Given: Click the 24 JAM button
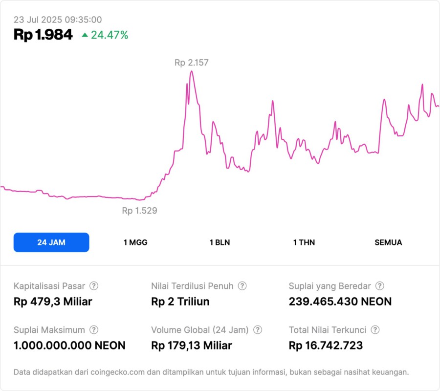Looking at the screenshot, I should [x=51, y=242].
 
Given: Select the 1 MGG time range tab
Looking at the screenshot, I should [x=135, y=242].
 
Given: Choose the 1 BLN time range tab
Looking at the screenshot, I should [x=220, y=242].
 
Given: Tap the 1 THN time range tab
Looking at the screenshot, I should [x=304, y=242].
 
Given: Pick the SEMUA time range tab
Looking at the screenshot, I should [x=388, y=242].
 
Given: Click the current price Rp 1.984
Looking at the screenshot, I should [x=43, y=35].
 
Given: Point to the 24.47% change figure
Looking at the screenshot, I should [x=110, y=35].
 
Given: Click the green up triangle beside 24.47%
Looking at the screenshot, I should [x=85, y=35].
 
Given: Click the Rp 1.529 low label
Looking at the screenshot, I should [x=139, y=211].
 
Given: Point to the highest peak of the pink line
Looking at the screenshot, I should [x=192, y=71].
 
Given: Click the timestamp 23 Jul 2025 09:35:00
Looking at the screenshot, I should [x=58, y=20].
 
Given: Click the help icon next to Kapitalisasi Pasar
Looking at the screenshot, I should [x=94, y=286].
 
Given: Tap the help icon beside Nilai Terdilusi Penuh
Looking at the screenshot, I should [x=242, y=286].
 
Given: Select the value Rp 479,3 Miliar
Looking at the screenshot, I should [x=53, y=302].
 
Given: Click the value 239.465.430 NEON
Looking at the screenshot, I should [x=340, y=302].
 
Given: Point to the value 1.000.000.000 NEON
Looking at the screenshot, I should [x=69, y=346].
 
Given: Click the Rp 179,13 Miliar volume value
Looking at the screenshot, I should [x=192, y=346].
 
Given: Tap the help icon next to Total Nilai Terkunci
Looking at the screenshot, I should [x=374, y=330].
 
